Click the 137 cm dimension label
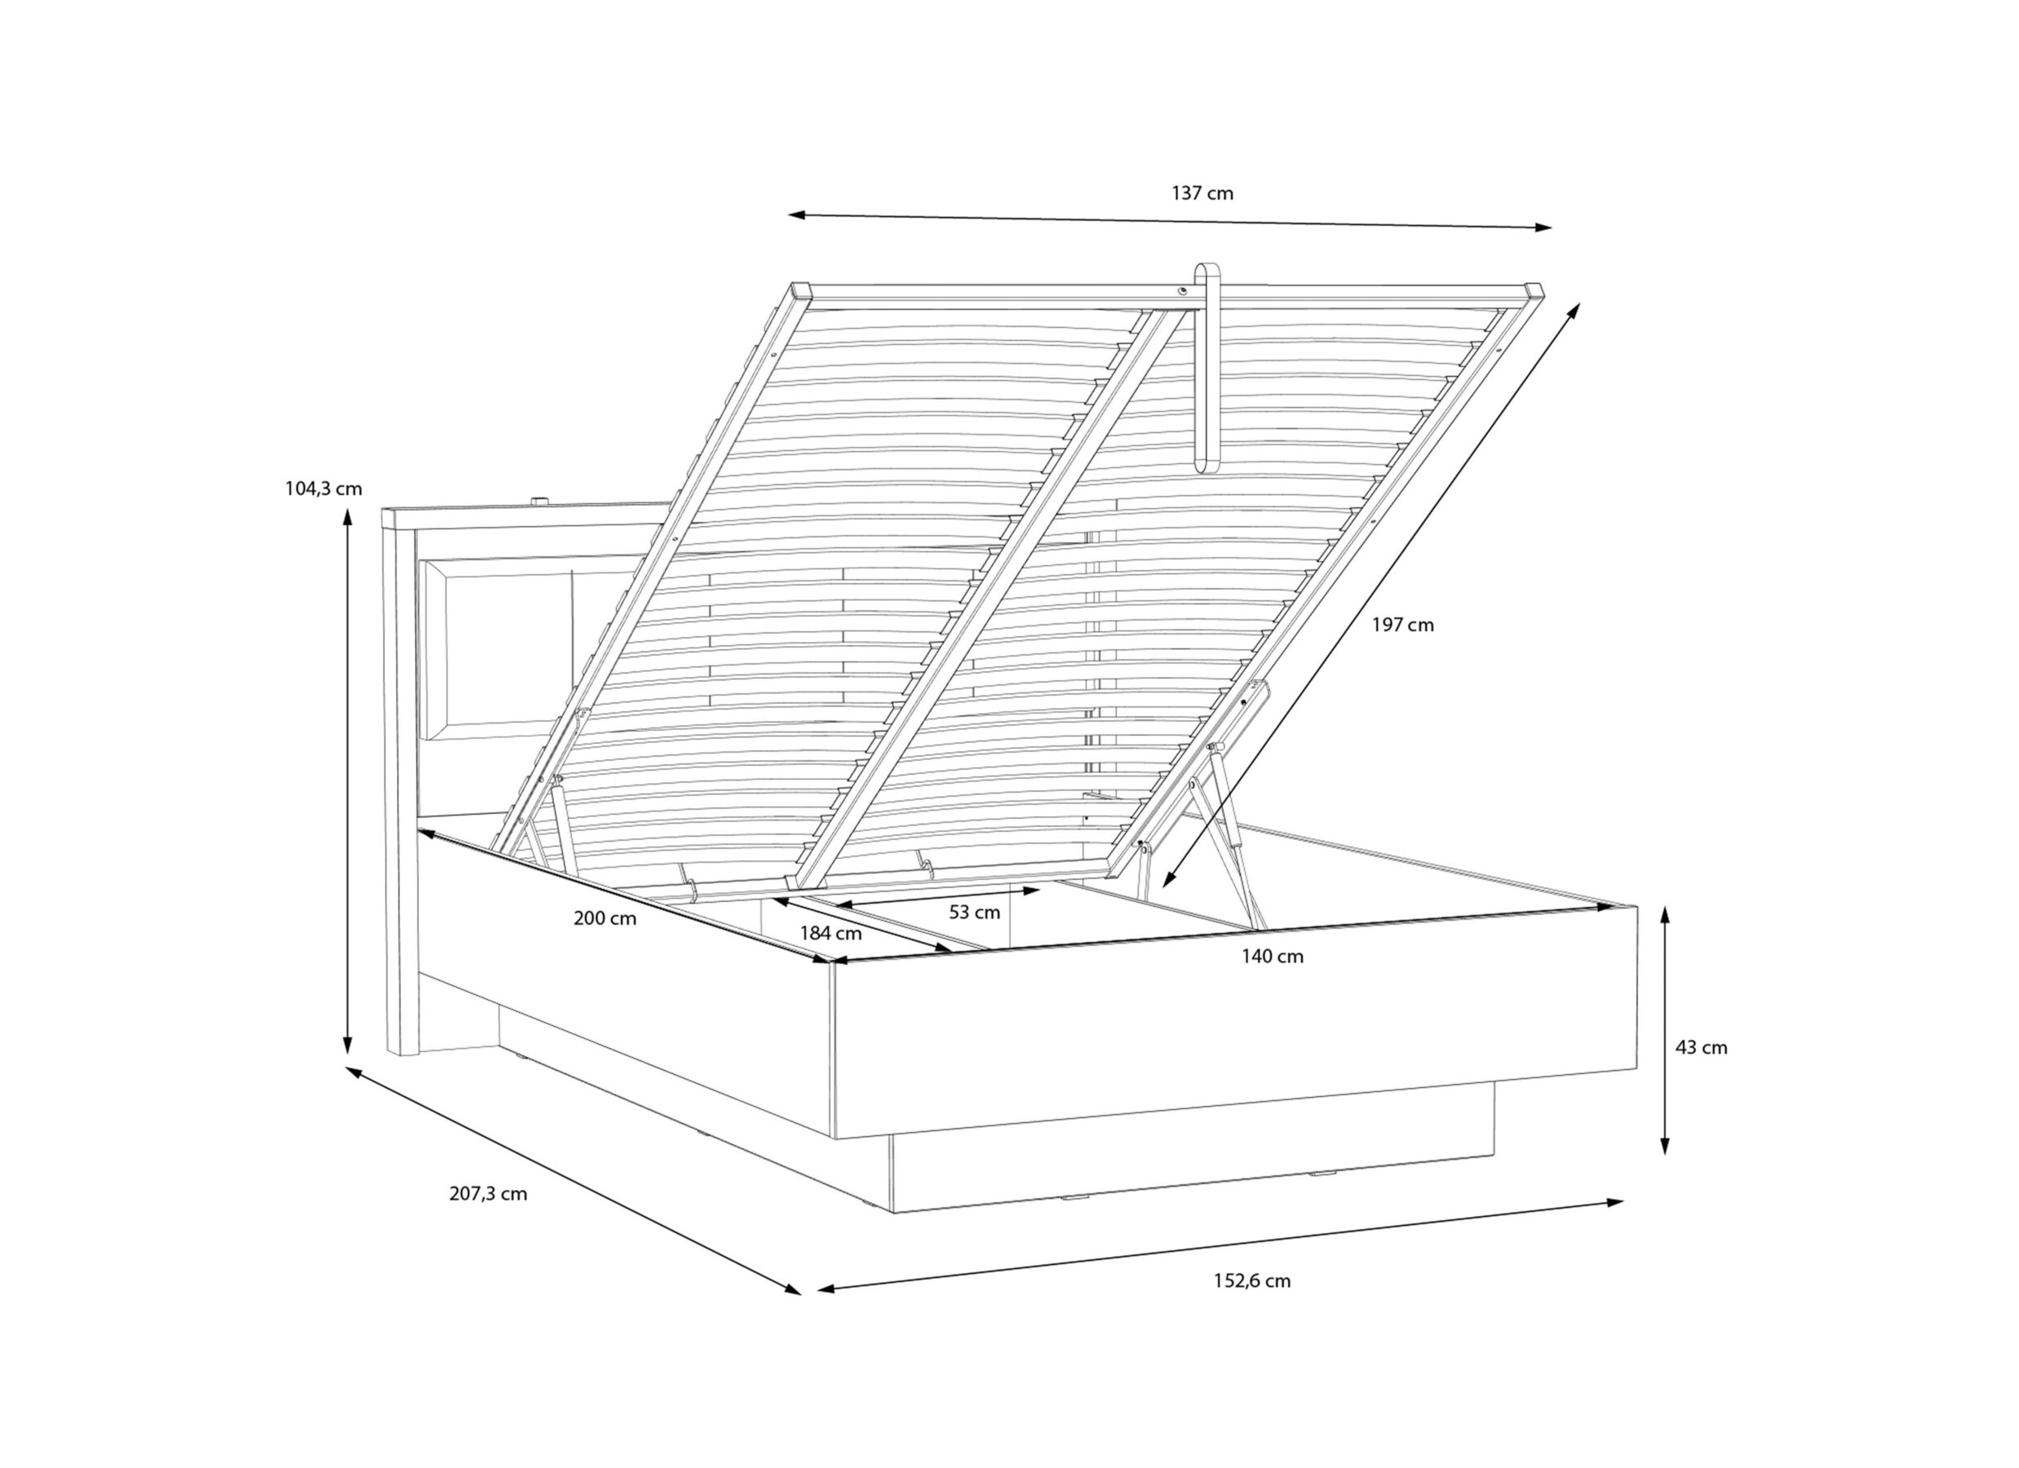1202,193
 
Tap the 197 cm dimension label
1403,625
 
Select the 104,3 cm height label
323,488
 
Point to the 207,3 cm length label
488,1194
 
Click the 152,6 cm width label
1251,1281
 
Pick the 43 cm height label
1701,1048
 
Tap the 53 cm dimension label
975,913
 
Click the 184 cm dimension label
830,934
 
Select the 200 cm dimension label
604,919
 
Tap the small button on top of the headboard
540,502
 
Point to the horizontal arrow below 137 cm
1170,221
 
